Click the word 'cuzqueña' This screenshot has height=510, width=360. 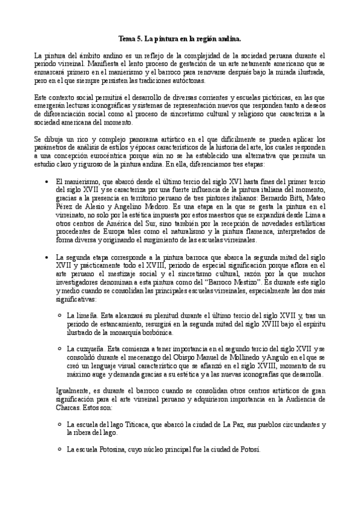(90, 348)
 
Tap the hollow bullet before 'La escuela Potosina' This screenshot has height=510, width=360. (59, 449)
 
